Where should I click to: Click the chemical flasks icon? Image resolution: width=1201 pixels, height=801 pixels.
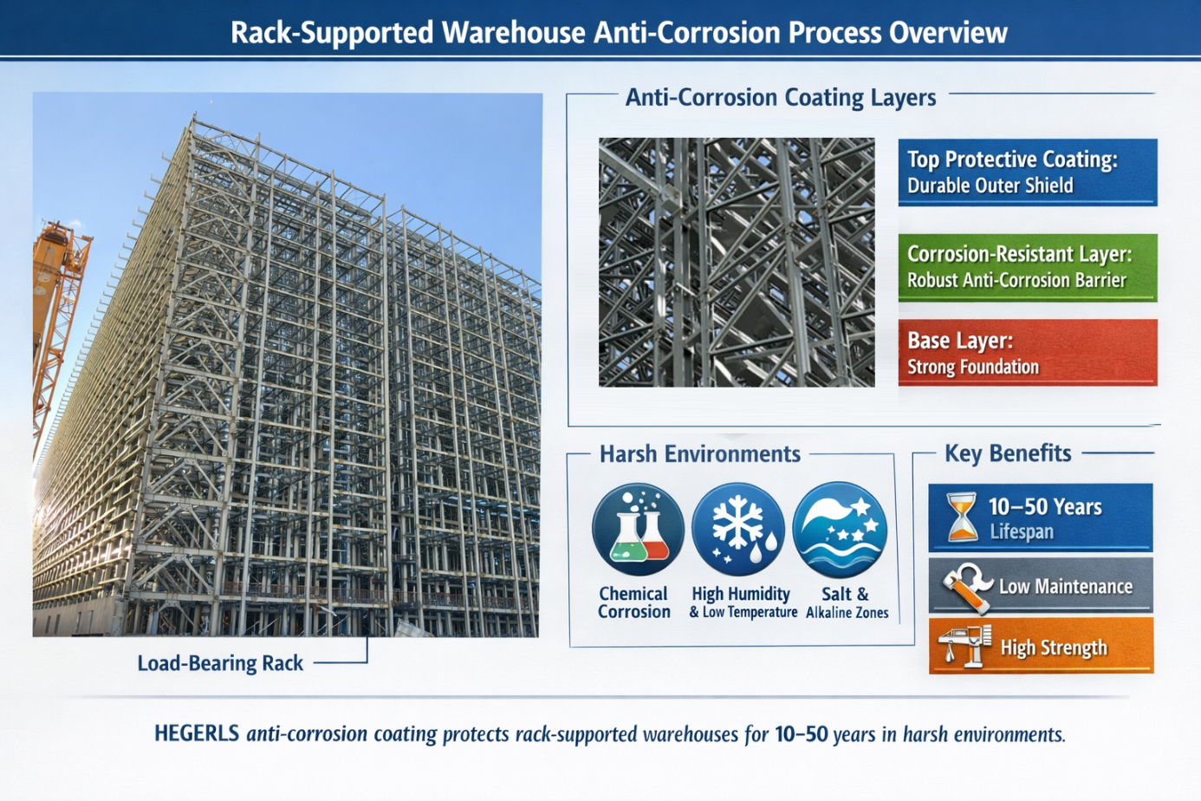(x=638, y=530)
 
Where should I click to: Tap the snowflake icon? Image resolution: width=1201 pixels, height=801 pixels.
(x=738, y=530)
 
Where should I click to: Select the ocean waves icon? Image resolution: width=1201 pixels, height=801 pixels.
(x=840, y=530)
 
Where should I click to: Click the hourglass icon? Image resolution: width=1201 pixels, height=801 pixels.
(x=961, y=518)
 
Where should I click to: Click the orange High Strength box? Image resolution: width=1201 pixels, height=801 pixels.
(x=1041, y=647)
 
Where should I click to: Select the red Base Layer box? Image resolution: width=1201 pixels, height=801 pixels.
(x=1027, y=353)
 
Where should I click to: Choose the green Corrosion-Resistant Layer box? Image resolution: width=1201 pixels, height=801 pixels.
(x=1027, y=267)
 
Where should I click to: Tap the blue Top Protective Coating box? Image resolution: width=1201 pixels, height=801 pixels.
(x=1027, y=172)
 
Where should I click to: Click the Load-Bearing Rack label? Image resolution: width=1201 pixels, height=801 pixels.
(x=220, y=663)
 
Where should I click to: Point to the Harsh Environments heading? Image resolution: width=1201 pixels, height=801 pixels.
(x=699, y=454)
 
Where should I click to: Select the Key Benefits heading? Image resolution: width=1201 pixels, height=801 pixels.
(x=1007, y=453)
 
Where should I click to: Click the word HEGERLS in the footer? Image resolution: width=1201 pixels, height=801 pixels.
(x=196, y=733)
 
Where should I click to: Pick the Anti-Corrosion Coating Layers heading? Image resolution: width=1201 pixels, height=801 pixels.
(x=781, y=97)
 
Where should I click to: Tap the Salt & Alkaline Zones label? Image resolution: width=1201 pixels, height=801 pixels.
(x=847, y=603)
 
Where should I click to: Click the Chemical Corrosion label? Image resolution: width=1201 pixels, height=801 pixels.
(x=633, y=603)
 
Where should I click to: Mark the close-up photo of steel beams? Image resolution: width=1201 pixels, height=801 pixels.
(x=737, y=262)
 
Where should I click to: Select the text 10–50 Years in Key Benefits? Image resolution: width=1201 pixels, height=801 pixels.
(x=1045, y=506)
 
